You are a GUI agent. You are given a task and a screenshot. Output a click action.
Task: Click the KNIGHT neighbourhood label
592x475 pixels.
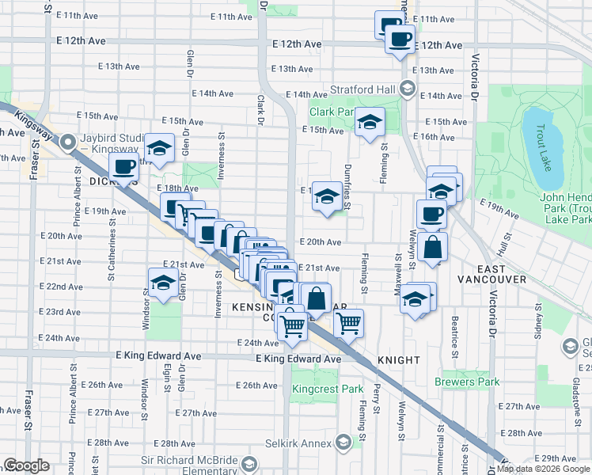399,359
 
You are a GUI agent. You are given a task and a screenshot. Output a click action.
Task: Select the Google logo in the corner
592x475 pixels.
26,465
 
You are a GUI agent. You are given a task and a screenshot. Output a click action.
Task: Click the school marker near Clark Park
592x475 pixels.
369,123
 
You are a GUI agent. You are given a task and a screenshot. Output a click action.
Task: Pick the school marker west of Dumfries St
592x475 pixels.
326,196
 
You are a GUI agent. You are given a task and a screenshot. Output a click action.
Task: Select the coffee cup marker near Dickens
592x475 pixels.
123,167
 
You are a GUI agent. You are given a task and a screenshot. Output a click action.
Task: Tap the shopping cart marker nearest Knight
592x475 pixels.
348,322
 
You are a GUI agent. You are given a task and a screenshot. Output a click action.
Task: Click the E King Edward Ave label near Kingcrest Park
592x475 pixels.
298,359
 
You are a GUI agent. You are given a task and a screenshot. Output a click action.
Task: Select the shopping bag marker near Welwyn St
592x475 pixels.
433,246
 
